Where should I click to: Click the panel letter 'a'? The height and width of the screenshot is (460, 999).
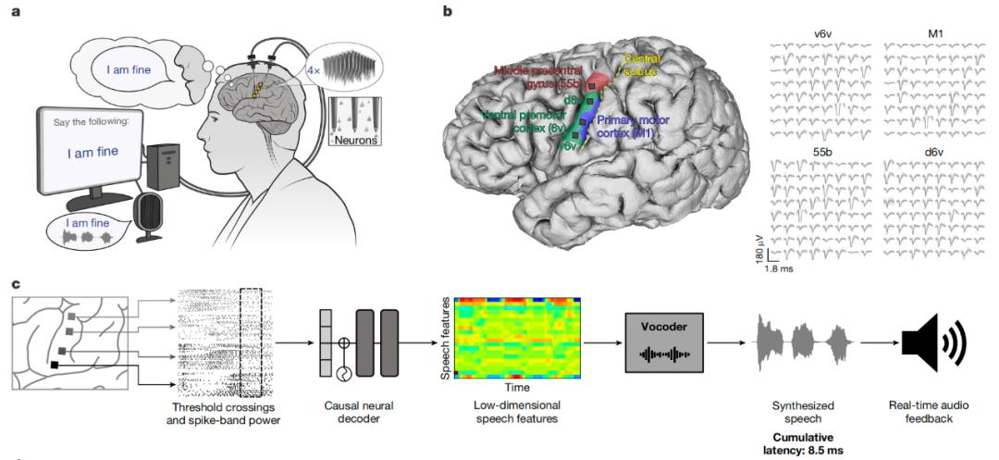(15, 12)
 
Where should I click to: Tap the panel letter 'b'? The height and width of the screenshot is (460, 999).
(448, 12)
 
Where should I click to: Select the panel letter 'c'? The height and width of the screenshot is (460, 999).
(15, 283)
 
